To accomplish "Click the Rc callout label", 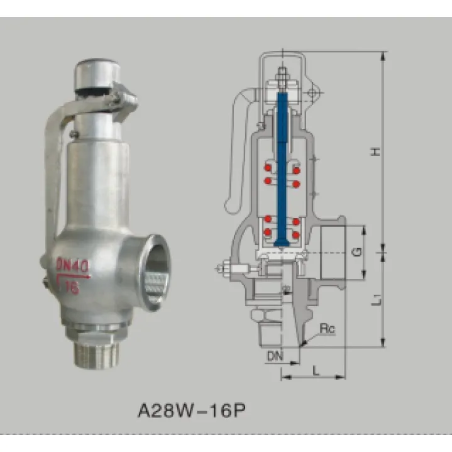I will point(327,329).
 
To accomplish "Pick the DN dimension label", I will point(274,356).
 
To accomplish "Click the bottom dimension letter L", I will point(315,370).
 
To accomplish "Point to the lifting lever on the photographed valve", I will point(53,163).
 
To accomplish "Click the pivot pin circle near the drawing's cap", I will point(312,95).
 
